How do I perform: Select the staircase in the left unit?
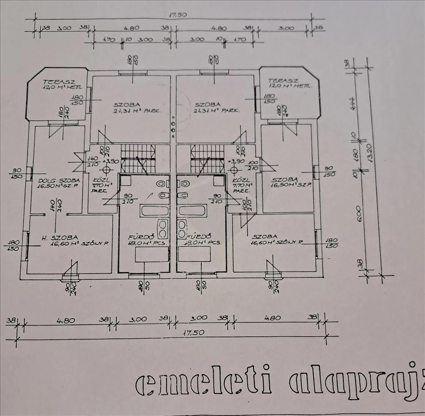(138, 158)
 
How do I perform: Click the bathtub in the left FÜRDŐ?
(154, 210)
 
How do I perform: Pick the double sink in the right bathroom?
(182, 228)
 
